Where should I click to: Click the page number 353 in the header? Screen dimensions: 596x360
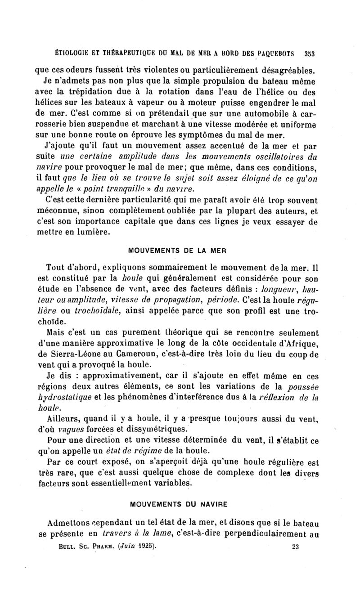coord(309,53)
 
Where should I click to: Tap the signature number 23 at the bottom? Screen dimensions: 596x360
coord(296,547)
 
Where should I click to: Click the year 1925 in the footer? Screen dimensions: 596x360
coord(144,547)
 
